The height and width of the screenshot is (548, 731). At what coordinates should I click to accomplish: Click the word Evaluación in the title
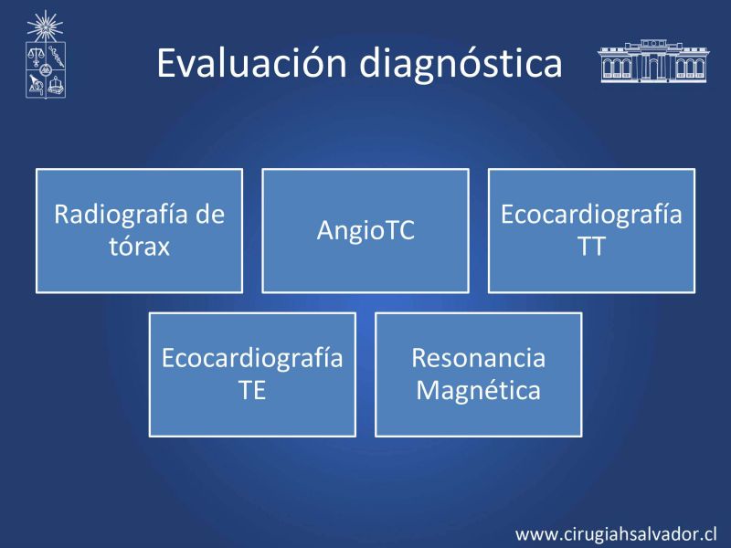(252, 62)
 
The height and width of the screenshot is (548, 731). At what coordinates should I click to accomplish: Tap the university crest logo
(45, 55)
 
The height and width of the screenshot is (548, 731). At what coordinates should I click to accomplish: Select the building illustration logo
(652, 61)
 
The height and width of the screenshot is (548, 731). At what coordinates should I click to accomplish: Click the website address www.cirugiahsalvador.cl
(616, 534)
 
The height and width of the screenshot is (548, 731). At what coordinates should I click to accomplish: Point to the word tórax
(140, 247)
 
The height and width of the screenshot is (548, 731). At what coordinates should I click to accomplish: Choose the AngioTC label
(365, 230)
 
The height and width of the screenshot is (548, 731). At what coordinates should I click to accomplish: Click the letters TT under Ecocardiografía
(591, 246)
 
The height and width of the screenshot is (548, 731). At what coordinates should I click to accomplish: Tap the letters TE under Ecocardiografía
(252, 390)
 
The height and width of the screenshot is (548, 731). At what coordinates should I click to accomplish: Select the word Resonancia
(478, 358)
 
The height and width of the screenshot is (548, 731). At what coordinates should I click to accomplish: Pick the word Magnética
(478, 391)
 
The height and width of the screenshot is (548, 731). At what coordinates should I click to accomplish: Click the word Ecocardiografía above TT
(591, 216)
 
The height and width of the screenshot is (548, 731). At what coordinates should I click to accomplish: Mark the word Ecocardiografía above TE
(252, 359)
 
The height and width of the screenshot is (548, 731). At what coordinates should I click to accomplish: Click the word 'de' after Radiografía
(210, 215)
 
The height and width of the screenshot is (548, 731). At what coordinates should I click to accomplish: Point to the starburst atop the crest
(45, 26)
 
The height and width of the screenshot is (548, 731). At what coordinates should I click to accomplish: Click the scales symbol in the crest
(35, 57)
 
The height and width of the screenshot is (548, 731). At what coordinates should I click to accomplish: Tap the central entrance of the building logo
(652, 68)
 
